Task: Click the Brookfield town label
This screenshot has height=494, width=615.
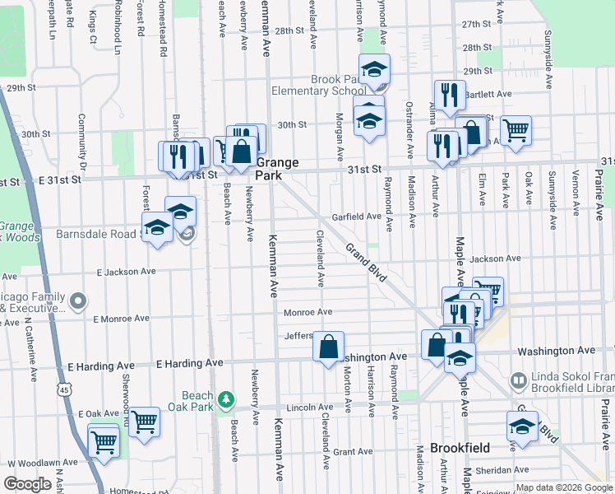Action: pos(460,448)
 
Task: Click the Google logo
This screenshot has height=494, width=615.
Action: pos(28,484)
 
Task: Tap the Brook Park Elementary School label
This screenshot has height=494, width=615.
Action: pos(339,85)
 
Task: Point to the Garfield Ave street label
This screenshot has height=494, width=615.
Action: pos(356,217)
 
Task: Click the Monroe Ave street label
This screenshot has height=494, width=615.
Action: pos(307,312)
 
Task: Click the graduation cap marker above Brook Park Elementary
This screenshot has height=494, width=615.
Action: pos(374,70)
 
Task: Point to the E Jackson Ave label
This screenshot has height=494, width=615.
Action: pos(126,271)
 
